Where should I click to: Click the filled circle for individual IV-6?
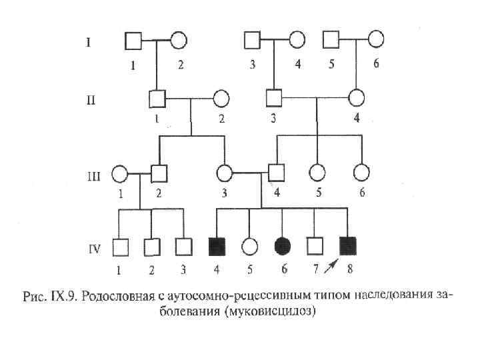(x=282, y=246)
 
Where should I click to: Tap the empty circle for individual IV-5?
(x=249, y=247)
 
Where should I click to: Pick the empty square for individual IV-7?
(x=315, y=246)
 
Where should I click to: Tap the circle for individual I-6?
(x=376, y=40)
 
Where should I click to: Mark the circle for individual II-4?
(x=357, y=99)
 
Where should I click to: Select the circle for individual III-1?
(x=119, y=174)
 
